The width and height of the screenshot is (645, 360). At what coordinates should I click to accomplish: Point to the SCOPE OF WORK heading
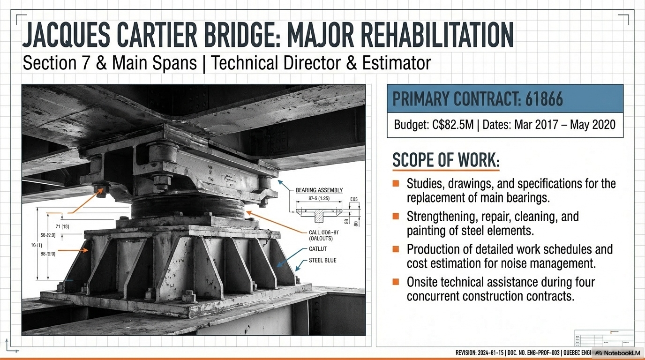coord(445,160)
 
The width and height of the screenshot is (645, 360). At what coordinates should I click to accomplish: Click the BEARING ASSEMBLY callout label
coord(319,190)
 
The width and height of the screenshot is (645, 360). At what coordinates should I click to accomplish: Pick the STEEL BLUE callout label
coord(322,260)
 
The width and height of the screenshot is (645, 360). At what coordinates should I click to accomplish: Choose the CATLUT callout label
coord(318,249)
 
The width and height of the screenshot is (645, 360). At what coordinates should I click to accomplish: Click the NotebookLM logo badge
coord(617,353)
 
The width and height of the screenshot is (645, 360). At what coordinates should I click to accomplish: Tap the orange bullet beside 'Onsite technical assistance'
coord(396,282)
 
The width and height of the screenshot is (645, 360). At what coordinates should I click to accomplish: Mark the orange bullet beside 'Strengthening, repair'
coord(396,216)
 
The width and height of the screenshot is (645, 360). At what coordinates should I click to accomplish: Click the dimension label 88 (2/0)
coord(48,254)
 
